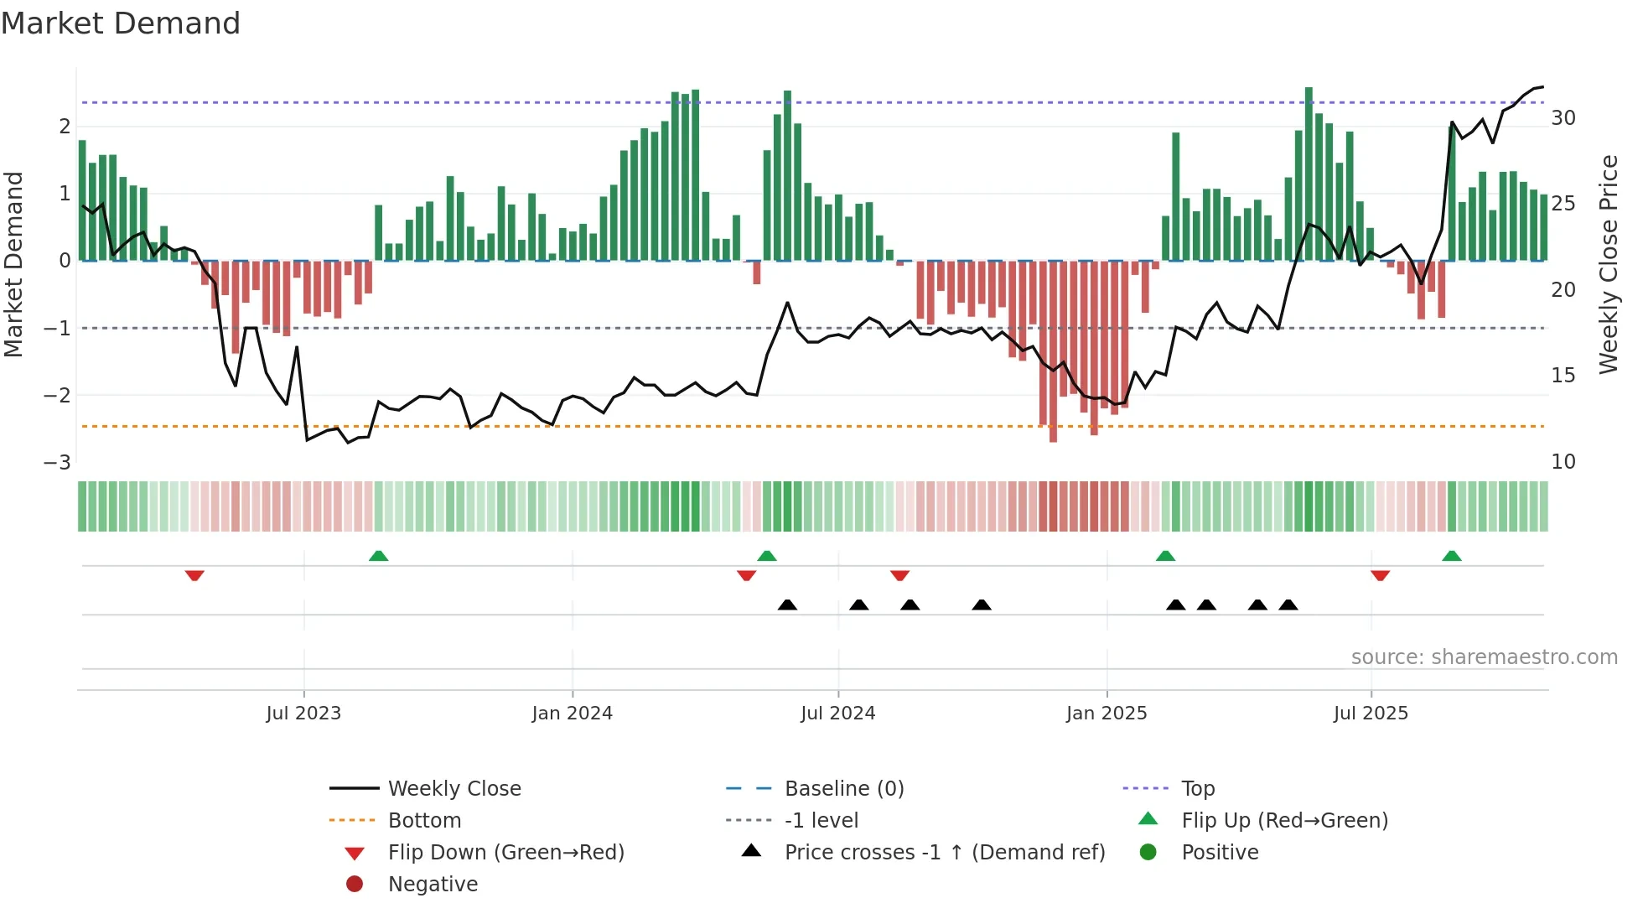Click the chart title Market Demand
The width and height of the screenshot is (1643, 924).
(121, 23)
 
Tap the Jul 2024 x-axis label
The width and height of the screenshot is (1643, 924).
(837, 714)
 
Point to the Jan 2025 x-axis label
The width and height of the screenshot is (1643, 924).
(1106, 714)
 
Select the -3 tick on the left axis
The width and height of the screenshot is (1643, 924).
(58, 463)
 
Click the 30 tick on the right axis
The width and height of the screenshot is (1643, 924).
(1563, 118)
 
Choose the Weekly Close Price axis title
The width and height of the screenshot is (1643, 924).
(1608, 265)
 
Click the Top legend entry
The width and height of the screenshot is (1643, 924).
(1198, 789)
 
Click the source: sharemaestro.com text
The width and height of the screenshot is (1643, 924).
(1484, 657)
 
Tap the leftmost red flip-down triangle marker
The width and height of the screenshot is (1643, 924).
(194, 575)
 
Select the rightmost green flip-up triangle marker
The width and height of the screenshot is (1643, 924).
(1452, 556)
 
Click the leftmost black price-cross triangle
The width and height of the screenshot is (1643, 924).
(787, 605)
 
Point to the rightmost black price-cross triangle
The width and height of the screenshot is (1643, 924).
(1288, 605)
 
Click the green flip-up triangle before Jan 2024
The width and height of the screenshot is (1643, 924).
(378, 556)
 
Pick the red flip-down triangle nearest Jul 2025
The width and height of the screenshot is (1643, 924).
(1381, 575)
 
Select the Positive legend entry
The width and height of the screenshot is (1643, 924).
(1220, 853)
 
